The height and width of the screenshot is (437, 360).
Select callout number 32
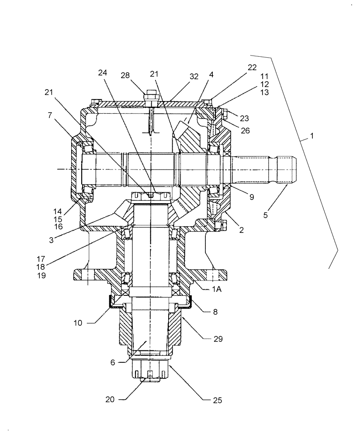(194, 76)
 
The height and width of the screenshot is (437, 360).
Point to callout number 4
(211, 75)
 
